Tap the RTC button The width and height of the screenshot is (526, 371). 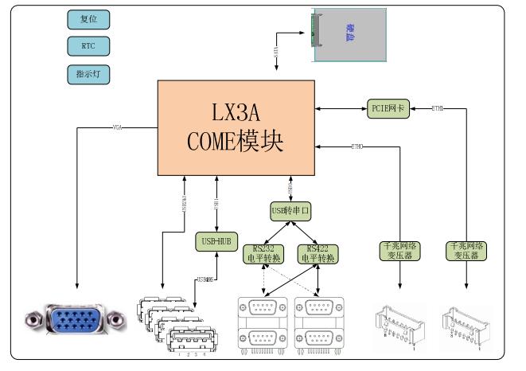click(x=88, y=46)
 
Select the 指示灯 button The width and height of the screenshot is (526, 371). click(x=88, y=74)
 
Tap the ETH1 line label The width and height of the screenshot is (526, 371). click(x=438, y=107)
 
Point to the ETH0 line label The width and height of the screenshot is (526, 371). click(x=357, y=146)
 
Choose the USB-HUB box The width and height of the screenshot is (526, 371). click(x=215, y=240)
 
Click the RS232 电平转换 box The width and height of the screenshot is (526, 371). click(x=263, y=253)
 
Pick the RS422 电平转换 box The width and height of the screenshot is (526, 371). click(x=318, y=253)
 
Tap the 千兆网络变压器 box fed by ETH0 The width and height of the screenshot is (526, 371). click(x=400, y=252)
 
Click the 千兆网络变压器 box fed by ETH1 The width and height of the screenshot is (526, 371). click(x=467, y=252)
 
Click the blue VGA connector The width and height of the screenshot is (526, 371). click(x=76, y=321)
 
